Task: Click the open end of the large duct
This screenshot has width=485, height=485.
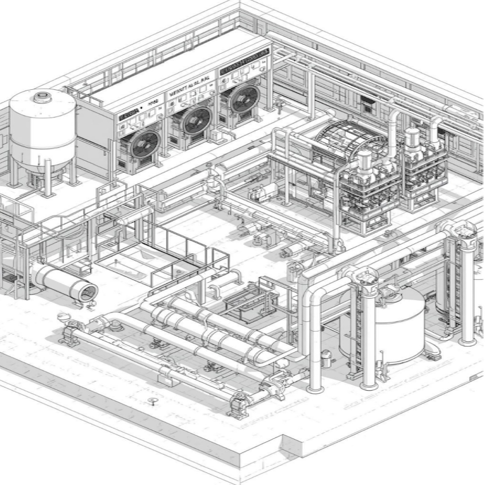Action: click(88, 293)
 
